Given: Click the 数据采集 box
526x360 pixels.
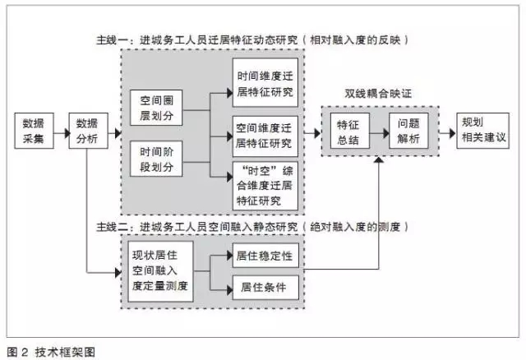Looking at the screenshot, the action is click(34, 131).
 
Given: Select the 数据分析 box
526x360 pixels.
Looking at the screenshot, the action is click(88, 131).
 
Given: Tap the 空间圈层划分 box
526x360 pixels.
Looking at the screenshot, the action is click(156, 108).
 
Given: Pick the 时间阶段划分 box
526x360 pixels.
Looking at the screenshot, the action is click(156, 159).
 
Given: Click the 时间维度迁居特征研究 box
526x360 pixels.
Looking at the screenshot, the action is click(265, 83).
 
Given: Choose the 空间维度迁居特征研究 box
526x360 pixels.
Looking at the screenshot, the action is click(265, 136).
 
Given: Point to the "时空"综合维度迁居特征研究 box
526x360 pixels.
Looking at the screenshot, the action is click(265, 187).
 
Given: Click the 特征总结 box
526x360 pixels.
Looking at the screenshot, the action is click(350, 131).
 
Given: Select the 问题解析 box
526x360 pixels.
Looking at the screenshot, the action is click(408, 131).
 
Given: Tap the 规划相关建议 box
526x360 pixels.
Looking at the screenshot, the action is click(482, 131).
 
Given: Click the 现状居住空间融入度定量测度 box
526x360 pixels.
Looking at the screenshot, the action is click(160, 271).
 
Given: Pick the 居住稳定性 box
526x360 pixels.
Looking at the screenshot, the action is click(265, 256).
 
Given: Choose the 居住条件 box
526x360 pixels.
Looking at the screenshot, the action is click(265, 288).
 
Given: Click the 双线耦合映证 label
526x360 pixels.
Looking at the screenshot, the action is click(378, 94).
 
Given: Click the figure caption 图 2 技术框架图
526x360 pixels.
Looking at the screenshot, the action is click(51, 352).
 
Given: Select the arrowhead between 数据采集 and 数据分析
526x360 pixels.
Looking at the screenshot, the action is click(67, 133).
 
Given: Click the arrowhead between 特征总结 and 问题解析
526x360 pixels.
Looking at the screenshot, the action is click(386, 133).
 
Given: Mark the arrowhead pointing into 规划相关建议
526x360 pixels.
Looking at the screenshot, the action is click(453, 133).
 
